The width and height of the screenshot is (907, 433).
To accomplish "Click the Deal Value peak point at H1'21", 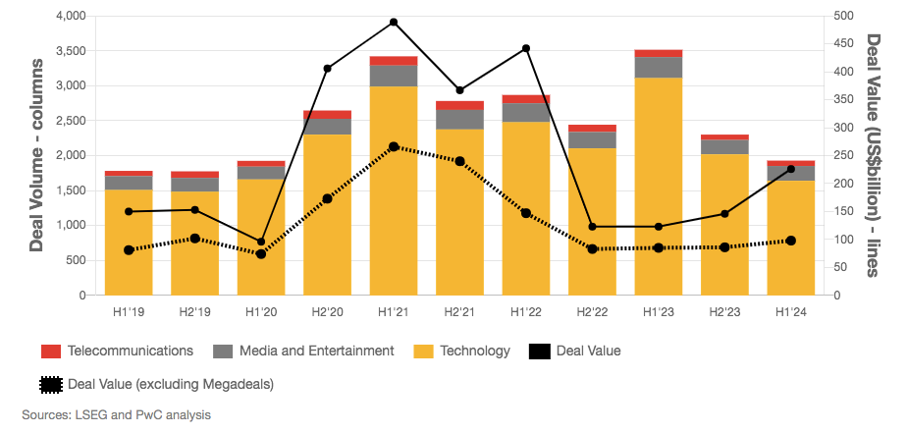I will [394, 22].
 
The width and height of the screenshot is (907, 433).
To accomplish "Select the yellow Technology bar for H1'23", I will [659, 187].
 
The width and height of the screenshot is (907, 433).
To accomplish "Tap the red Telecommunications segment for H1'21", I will [394, 61].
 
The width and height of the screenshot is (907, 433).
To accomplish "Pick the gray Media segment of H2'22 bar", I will [592, 139].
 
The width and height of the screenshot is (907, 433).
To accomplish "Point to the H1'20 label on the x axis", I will [260, 312].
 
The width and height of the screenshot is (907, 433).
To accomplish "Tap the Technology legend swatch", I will [423, 351].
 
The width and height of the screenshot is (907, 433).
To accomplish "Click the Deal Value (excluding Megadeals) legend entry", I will [156, 383].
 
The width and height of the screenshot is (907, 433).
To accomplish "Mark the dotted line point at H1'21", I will [394, 146].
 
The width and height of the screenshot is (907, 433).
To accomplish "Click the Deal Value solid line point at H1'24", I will [791, 169].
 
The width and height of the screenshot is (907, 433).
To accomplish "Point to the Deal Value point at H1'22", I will [526, 48].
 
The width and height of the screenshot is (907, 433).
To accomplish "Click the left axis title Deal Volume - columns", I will [36, 155].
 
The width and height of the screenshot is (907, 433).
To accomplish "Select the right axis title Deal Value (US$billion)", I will [873, 155].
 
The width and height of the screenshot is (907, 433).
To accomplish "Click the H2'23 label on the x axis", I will [724, 312].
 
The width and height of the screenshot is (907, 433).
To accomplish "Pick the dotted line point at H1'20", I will [261, 253].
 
